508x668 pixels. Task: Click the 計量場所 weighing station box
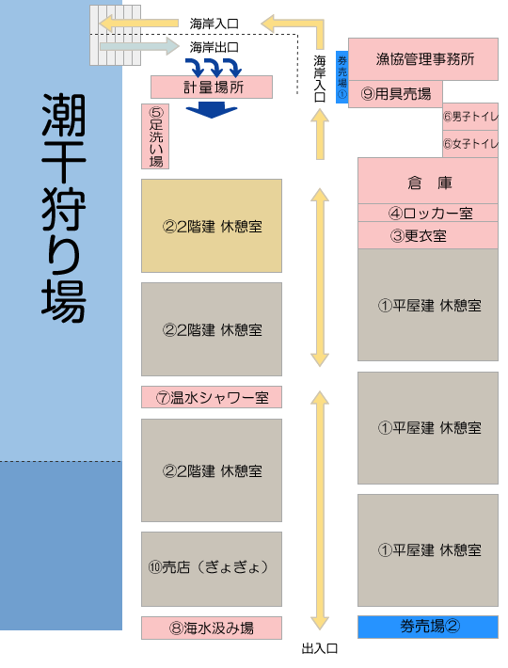[212, 87]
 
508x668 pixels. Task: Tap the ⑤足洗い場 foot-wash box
[155, 136]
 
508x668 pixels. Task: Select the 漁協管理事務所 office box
[423, 59]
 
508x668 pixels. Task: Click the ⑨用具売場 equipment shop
[396, 94]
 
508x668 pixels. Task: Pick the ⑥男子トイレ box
[470, 117]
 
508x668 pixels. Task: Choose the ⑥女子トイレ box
[470, 144]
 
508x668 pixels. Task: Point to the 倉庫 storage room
[428, 181]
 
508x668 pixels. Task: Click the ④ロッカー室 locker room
[428, 213]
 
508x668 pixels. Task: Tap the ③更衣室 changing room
[428, 235]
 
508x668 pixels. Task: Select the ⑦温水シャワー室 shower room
[212, 397]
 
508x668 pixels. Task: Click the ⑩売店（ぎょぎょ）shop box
[212, 569]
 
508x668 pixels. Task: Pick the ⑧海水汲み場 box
[212, 628]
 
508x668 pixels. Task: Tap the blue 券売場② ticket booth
[428, 627]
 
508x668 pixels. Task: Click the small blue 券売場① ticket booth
[341, 77]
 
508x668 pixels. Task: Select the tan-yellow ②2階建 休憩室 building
[212, 226]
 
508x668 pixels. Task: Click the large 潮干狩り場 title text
[64, 208]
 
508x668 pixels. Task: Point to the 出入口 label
[319, 649]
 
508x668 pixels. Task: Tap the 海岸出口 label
[214, 47]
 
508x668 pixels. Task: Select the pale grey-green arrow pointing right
[139, 46]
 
